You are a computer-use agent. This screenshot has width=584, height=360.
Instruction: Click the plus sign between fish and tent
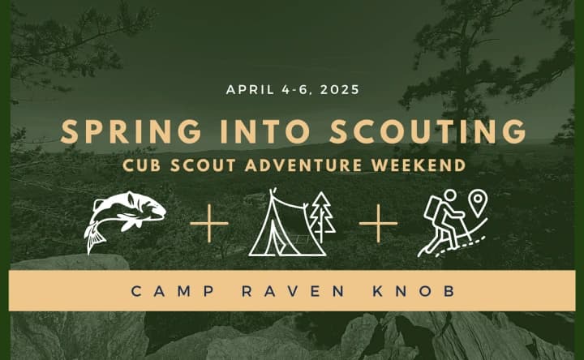pyautogui.click(x=209, y=221)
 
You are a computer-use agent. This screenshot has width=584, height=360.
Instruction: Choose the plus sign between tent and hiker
pyautogui.click(x=378, y=221)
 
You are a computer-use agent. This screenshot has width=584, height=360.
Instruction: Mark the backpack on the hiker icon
pyautogui.click(x=432, y=212)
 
